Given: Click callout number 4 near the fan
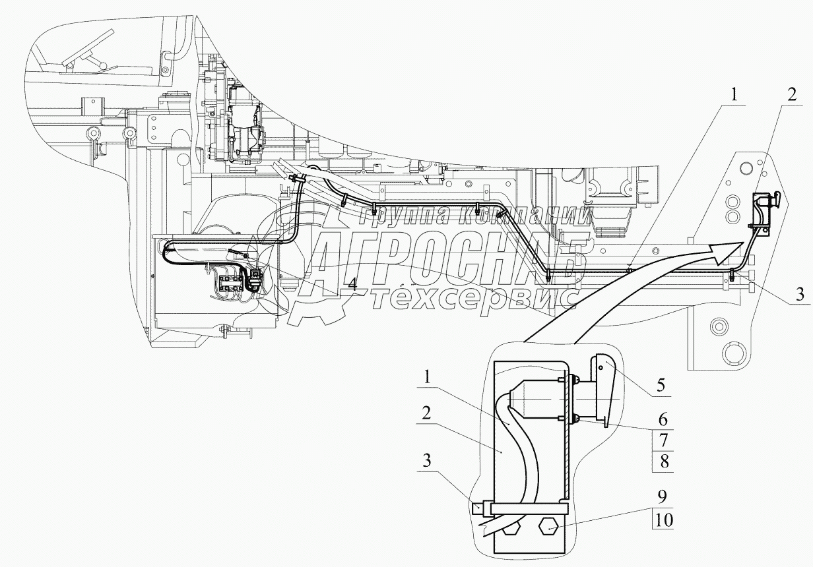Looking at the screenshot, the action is (x=353, y=285).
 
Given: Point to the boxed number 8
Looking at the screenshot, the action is (x=665, y=462).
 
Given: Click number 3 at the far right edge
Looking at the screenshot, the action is (x=800, y=294).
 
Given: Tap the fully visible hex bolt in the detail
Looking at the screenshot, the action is (x=550, y=527).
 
